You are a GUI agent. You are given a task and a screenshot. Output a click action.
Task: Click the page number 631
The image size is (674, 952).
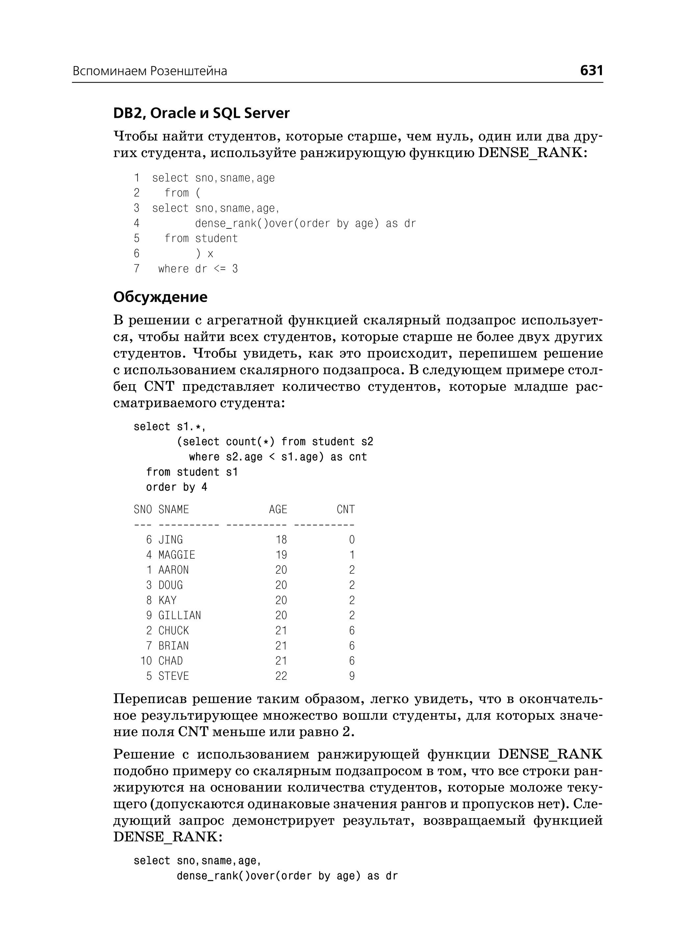point(591,70)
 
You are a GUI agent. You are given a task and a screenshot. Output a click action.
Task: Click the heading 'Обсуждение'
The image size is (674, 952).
point(160,297)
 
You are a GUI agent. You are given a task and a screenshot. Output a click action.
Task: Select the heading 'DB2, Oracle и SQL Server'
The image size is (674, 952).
point(201,113)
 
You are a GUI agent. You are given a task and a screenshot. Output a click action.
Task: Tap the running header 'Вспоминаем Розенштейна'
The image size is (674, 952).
point(150,71)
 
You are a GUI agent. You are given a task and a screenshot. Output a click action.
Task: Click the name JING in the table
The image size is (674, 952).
point(170,540)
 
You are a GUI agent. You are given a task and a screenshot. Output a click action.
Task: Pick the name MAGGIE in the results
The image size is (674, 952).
point(177,555)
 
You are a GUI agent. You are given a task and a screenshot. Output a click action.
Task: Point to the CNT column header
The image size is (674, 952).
point(345,510)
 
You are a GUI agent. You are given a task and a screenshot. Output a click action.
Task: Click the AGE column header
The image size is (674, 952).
point(278,510)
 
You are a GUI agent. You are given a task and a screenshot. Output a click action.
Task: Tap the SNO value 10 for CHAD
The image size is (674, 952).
point(146,661)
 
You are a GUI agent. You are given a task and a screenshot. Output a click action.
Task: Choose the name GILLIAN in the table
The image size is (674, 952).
point(180,616)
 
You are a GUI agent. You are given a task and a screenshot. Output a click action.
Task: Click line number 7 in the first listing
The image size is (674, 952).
point(137,269)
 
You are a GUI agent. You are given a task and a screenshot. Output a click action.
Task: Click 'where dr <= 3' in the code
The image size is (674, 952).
point(198,269)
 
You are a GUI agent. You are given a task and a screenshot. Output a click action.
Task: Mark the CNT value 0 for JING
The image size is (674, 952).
point(351,540)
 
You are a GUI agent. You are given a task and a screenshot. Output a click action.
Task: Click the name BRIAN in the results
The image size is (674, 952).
point(173,646)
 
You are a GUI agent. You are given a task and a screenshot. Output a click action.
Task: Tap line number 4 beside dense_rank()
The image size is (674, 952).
point(137,224)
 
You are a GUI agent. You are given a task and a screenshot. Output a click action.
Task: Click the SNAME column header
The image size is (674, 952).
point(173,510)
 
